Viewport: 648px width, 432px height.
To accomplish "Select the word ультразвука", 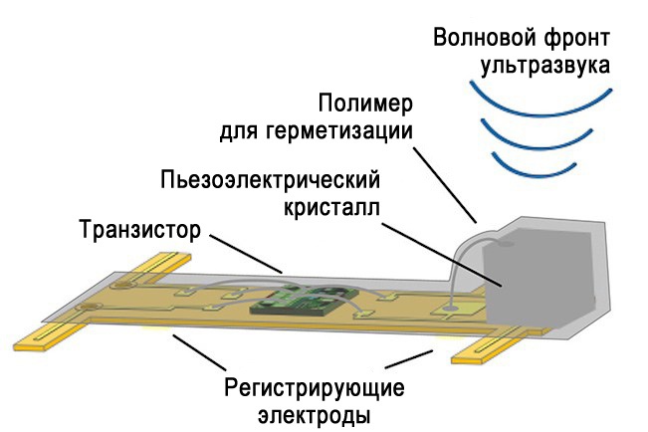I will (x=544, y=68).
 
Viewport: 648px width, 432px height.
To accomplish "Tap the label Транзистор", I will (x=139, y=230).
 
